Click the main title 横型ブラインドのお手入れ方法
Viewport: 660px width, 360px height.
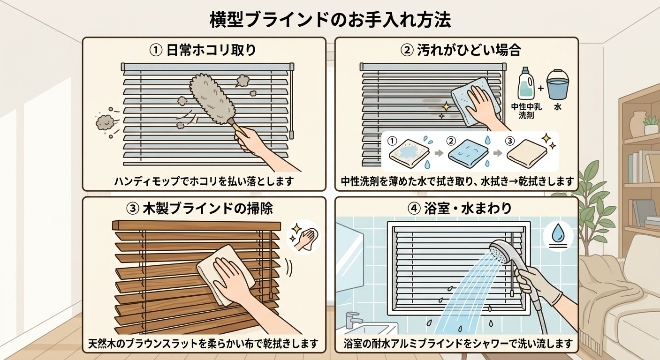(x=330, y=20)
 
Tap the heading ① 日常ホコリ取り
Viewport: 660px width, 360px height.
(x=203, y=50)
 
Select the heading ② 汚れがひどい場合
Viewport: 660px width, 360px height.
(x=461, y=50)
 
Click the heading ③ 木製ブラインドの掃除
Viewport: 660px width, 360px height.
(x=199, y=209)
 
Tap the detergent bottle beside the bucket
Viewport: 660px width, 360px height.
(x=526, y=83)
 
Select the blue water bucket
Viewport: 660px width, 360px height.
(x=557, y=85)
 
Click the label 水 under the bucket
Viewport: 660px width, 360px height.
(x=557, y=107)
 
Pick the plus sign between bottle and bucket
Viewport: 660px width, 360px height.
(x=540, y=88)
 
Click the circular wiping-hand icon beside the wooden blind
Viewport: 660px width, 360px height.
(x=303, y=237)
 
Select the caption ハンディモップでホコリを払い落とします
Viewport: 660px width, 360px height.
(x=204, y=181)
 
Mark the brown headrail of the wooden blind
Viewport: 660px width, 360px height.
(x=197, y=225)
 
